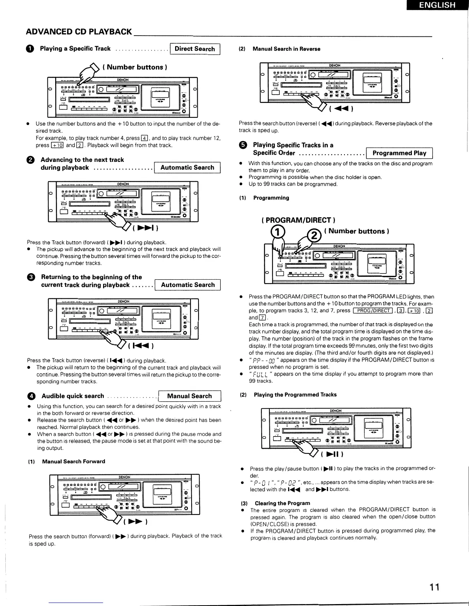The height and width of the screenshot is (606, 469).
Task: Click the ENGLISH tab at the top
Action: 437,5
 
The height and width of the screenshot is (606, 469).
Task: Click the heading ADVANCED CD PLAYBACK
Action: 79,32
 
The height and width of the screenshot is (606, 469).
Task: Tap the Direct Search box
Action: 195,49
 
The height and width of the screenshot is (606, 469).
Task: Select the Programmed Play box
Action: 399,153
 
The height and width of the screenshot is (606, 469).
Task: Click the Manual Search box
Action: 189,396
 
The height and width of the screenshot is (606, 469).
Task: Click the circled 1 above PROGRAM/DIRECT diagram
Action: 278,232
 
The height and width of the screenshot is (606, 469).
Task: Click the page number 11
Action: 434,586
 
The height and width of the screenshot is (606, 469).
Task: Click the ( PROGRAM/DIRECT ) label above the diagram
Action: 298,220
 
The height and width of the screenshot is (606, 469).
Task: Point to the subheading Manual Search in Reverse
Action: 286,49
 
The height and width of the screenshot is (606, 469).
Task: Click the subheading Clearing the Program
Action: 282,503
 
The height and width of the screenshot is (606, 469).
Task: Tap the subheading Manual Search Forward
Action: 73,461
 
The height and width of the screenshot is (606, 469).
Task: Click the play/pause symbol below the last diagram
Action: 331,454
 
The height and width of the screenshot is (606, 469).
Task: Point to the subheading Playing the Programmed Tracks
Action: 295,394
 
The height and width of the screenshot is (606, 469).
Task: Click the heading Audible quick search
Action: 73,396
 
